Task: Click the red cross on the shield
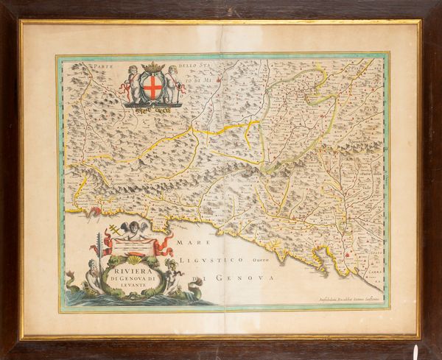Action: (152, 89)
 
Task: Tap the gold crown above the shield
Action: (152, 68)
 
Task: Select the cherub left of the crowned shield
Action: (130, 82)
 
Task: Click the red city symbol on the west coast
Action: (94, 213)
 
